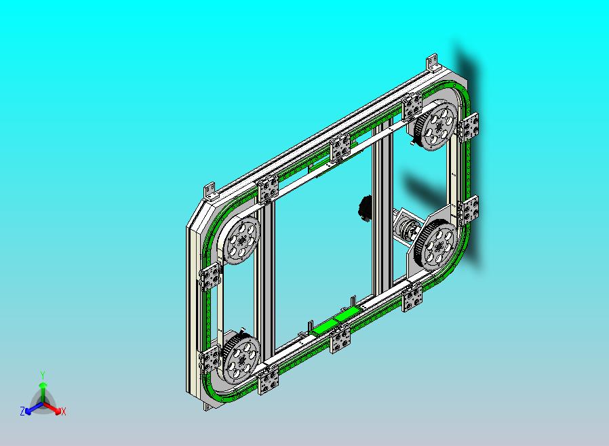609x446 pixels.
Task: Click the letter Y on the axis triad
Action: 43,376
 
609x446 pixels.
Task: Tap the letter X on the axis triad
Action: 64,412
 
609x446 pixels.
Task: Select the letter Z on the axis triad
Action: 22,411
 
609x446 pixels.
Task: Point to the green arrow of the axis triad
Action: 43,392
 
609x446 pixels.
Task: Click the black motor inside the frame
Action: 365,209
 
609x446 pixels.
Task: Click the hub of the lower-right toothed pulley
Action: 439,246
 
